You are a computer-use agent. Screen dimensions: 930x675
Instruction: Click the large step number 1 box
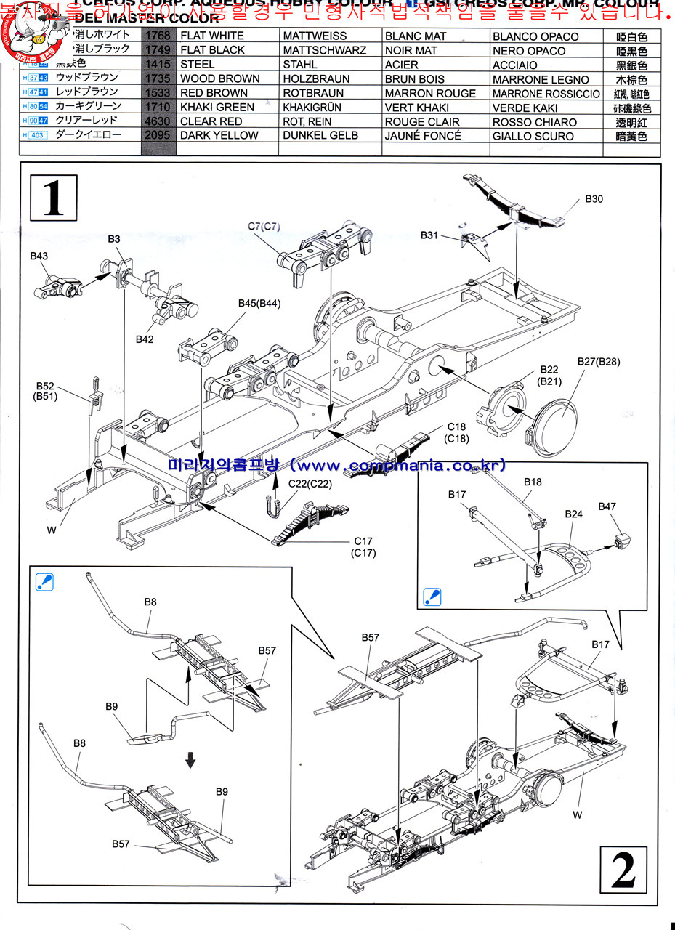53,197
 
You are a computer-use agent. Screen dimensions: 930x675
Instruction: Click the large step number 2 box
623,870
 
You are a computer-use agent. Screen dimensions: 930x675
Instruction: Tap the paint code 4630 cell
158,121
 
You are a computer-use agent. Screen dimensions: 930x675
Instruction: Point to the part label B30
594,199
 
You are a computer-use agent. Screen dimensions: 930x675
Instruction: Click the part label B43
39,256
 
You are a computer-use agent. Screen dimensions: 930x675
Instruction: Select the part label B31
429,235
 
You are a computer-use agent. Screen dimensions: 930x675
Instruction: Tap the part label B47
607,507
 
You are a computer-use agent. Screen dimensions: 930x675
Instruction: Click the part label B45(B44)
259,304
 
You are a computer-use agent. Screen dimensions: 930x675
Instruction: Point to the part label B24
574,514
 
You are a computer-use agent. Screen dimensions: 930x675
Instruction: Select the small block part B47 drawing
621,542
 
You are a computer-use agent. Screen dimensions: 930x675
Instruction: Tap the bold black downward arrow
190,760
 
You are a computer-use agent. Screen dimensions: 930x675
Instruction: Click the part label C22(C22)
310,484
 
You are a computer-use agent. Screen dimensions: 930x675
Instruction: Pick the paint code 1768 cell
158,36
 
